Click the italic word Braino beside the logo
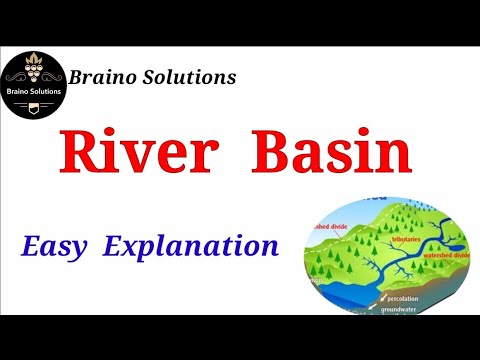(x=107, y=76)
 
